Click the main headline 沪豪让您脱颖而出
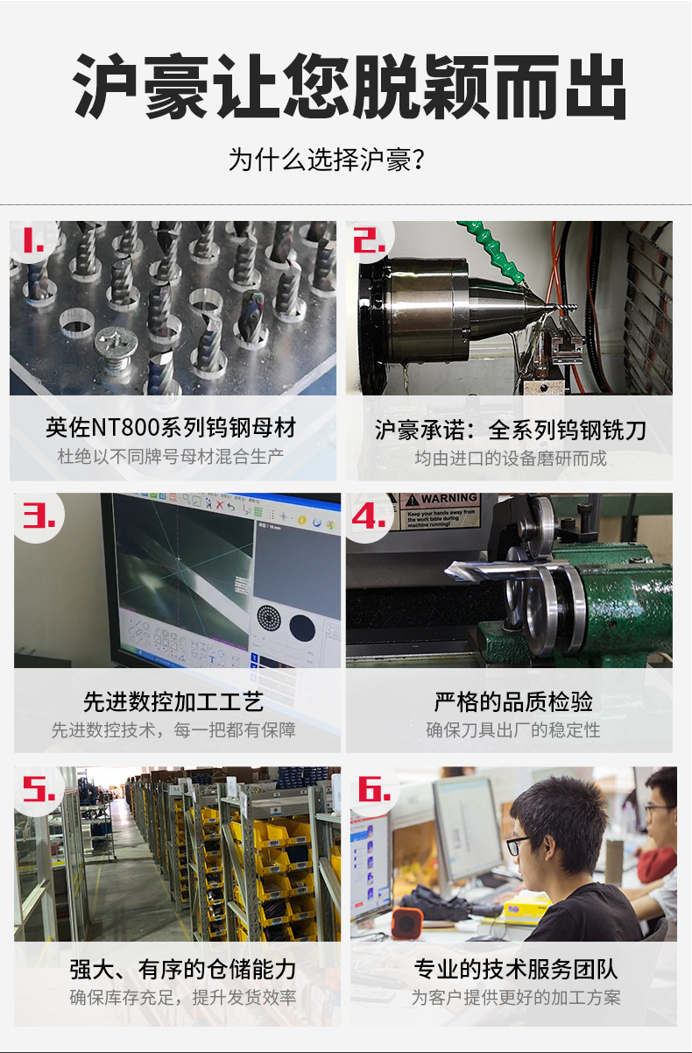350,86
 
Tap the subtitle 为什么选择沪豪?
327,160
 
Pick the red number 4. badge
370,515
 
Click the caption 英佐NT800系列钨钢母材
171,427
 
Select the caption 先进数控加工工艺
173,701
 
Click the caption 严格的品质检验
513,701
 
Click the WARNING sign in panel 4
441,511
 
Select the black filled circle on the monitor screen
302,627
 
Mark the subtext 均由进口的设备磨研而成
511,458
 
